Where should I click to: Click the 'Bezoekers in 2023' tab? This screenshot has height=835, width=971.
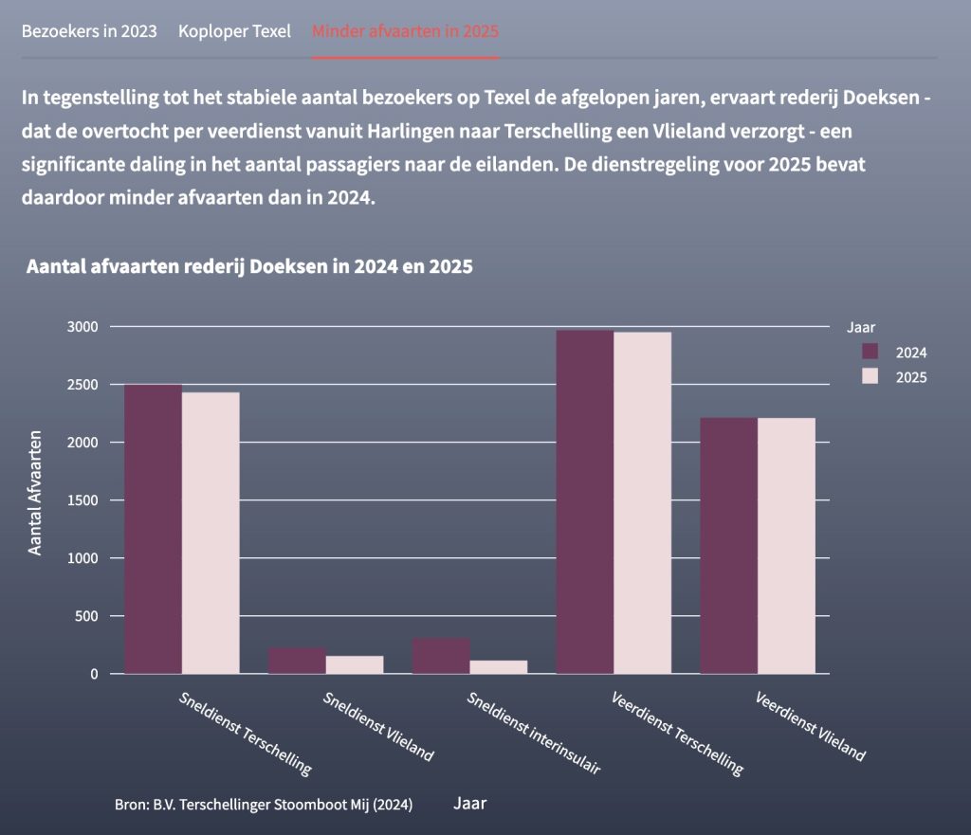tap(89, 30)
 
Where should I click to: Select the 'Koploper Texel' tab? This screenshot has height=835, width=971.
tap(234, 30)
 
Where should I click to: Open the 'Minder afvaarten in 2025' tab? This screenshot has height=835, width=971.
tap(405, 30)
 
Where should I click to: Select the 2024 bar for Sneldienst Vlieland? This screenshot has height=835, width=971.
tap(297, 661)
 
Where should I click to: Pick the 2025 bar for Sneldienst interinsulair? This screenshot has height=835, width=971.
tap(499, 667)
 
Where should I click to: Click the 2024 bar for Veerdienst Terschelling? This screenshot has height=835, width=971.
tap(585, 502)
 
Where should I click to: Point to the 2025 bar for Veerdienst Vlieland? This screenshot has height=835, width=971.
tap(786, 546)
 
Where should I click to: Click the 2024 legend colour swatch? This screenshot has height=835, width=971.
tap(870, 352)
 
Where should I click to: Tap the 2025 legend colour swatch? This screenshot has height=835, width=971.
tap(870, 376)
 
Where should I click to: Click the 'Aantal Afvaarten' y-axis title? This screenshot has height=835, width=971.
tap(35, 492)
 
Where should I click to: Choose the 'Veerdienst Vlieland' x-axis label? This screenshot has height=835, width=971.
tap(811, 726)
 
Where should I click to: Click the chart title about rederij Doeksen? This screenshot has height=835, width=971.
tap(250, 266)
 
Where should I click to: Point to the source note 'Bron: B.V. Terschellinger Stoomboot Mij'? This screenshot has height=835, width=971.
tap(264, 805)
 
